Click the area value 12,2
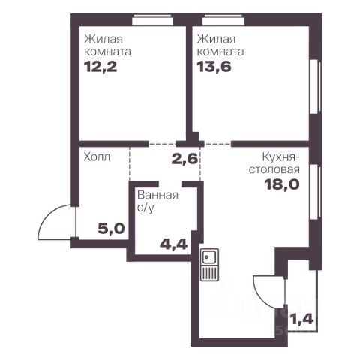[x=100, y=67]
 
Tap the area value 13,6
[x=214, y=67]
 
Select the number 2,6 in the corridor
[x=185, y=159]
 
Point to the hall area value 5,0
[x=111, y=229]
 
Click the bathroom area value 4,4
[x=174, y=244]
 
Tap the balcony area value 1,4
[x=301, y=319]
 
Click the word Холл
[x=97, y=157]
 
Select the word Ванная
[x=157, y=195]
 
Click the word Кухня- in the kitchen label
[x=281, y=157]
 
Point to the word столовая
[x=274, y=169]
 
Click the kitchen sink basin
[x=209, y=256]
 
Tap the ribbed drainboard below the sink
[x=209, y=273]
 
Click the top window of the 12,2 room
[x=152, y=19]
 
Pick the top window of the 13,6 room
[x=223, y=19]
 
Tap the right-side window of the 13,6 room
[x=315, y=87]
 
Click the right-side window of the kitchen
[x=315, y=192]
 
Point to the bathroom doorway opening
[x=170, y=184]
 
